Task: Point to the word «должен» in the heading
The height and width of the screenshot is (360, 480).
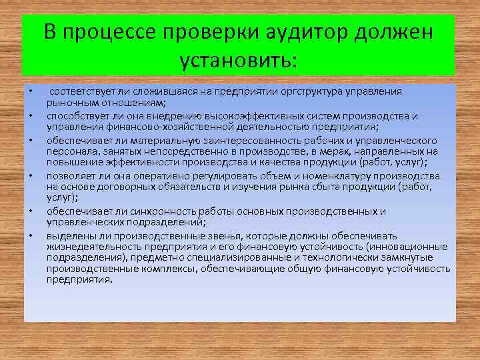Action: [x=393, y=32]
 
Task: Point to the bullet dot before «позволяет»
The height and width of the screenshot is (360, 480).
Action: [x=31, y=177]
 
